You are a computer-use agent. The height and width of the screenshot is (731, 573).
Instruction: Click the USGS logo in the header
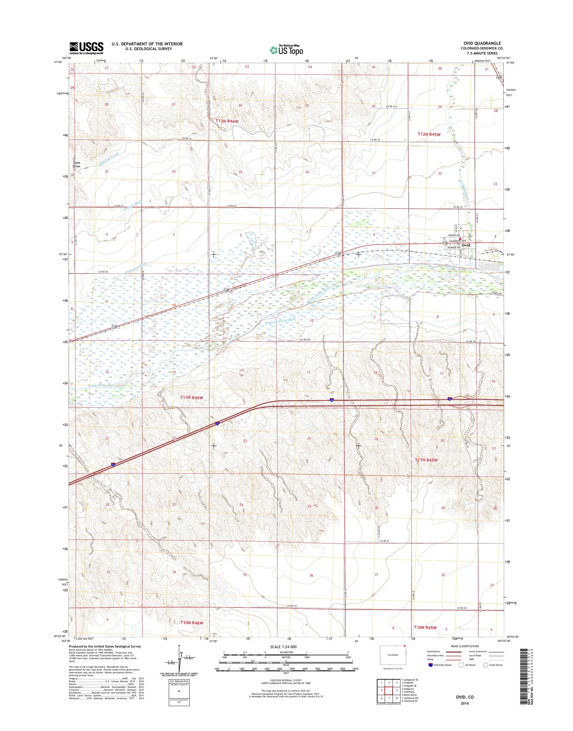pyautogui.click(x=86, y=48)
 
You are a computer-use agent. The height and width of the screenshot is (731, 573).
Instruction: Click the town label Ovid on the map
pyautogui.click(x=466, y=245)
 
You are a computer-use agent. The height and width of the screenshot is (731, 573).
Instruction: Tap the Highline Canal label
pyautogui.click(x=109, y=159)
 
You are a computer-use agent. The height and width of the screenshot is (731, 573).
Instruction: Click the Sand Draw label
pyautogui.click(x=77, y=164)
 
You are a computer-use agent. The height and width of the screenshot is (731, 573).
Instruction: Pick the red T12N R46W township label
pyautogui.click(x=228, y=121)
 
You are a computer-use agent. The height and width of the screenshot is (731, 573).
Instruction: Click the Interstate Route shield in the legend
pyautogui.click(x=430, y=665)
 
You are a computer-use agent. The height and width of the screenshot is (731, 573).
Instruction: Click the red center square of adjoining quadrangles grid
pyautogui.click(x=389, y=690)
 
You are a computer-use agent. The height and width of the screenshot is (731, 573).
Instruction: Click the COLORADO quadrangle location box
pyautogui.click(x=393, y=655)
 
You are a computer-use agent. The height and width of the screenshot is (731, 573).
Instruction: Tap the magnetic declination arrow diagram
pyautogui.click(x=180, y=661)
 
